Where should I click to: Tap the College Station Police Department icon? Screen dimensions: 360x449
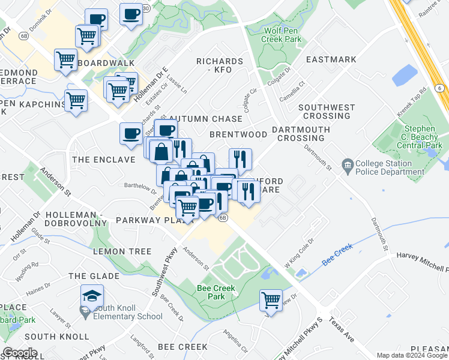(x=347, y=164)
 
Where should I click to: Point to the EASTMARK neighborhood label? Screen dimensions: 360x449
(x=331, y=60)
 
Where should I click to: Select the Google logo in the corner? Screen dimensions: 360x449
(x=20, y=353)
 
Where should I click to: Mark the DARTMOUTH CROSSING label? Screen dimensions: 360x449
(x=301, y=133)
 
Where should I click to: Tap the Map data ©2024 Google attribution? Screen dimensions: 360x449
(x=412, y=355)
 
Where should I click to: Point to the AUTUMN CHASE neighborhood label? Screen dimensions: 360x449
(x=206, y=119)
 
